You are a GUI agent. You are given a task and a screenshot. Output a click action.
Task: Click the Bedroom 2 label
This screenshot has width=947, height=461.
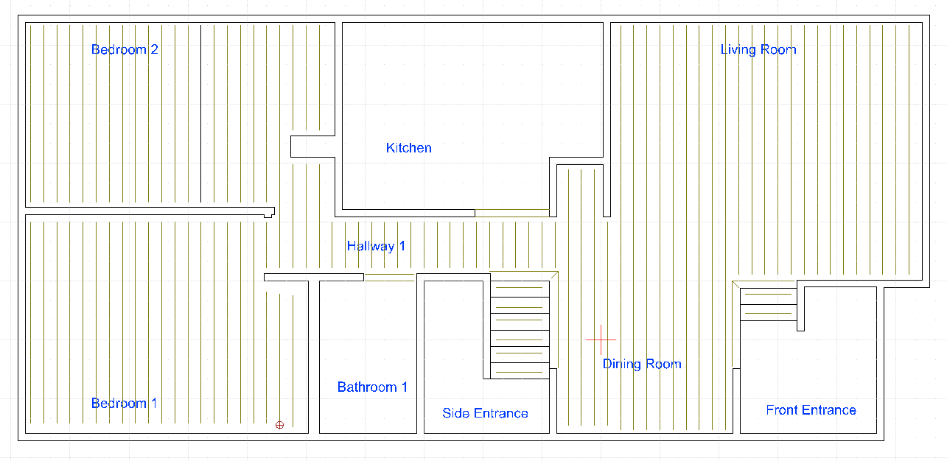(x=125, y=49)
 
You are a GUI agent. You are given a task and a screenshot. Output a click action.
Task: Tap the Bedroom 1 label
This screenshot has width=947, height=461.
(x=124, y=403)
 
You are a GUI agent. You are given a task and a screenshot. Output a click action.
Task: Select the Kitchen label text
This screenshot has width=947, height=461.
(x=409, y=148)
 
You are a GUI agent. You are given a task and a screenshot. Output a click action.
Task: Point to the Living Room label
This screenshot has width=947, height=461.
(x=758, y=49)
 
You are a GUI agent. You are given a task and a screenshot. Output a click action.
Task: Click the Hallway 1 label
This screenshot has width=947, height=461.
(x=376, y=246)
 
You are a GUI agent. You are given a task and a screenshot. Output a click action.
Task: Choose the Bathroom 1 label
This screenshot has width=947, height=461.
(x=372, y=387)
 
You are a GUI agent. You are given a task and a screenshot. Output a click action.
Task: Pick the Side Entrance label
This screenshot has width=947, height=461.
(x=485, y=413)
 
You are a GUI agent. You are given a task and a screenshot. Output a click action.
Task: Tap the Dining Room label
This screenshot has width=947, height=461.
(x=642, y=364)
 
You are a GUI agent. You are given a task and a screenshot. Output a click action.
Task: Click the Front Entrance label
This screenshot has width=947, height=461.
(x=811, y=410)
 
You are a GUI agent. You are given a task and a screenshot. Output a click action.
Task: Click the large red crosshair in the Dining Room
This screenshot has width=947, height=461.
(x=601, y=339)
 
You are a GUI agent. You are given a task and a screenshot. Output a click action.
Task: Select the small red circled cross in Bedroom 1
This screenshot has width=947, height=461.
(x=279, y=425)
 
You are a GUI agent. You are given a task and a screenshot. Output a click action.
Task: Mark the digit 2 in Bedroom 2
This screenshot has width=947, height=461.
(x=154, y=49)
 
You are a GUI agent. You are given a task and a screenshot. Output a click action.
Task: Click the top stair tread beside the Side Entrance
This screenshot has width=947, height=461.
(x=520, y=289)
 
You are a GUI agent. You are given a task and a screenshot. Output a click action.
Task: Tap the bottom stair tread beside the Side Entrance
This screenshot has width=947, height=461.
(x=520, y=370)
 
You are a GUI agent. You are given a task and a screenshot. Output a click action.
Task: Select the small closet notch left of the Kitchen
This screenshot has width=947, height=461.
(x=313, y=147)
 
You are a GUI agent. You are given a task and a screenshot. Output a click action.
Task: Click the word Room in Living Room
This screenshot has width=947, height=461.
(x=778, y=49)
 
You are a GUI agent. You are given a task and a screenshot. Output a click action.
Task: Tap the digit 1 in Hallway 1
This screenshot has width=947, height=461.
(x=402, y=246)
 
